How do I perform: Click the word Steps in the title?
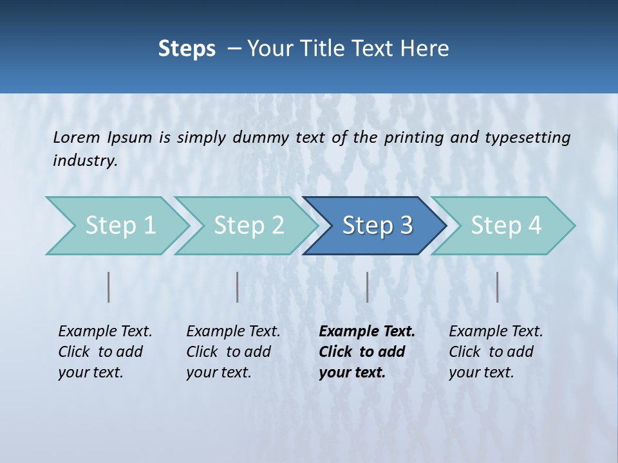pyautogui.click(x=187, y=49)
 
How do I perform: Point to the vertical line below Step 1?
pyautogui.click(x=109, y=287)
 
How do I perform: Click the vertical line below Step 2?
pyautogui.click(x=238, y=287)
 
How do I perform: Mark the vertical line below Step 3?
pyautogui.click(x=368, y=287)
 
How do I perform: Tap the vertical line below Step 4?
pyautogui.click(x=498, y=287)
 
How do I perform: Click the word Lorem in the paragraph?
pyautogui.click(x=77, y=138)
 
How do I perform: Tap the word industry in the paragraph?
pyautogui.click(x=85, y=161)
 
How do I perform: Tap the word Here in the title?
pyautogui.click(x=425, y=49)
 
